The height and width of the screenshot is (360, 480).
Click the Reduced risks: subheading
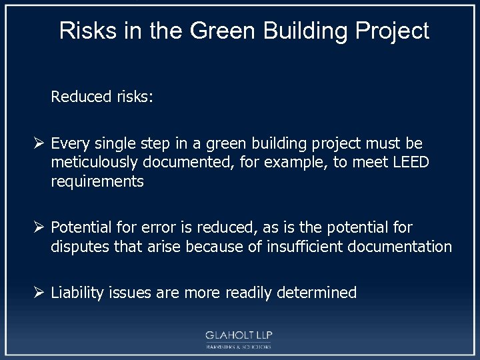tap(102, 97)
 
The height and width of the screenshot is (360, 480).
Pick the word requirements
tap(97, 181)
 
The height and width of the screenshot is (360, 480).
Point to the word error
tap(155, 228)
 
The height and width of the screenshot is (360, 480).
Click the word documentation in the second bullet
tap(397, 247)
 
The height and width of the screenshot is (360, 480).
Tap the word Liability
tap(76, 293)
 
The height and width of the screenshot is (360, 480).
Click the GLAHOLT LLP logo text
tap(239, 335)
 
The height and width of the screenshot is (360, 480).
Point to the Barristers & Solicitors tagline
tap(239, 347)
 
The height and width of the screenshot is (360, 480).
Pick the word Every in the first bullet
tap(69, 144)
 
